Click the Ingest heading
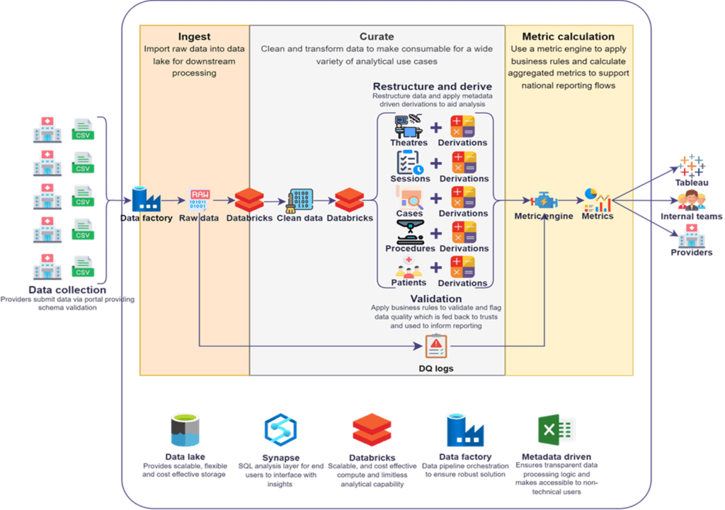pos(193,36)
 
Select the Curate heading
pos(377,36)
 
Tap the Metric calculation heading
pos(568,36)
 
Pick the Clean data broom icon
pos(299,200)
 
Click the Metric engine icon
pos(543,199)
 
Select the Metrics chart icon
pos(597,199)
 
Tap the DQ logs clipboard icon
pos(435,347)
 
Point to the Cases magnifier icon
pos(409,197)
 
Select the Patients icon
pos(409,267)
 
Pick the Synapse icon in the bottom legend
pos(280,429)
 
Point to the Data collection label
pos(67,290)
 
